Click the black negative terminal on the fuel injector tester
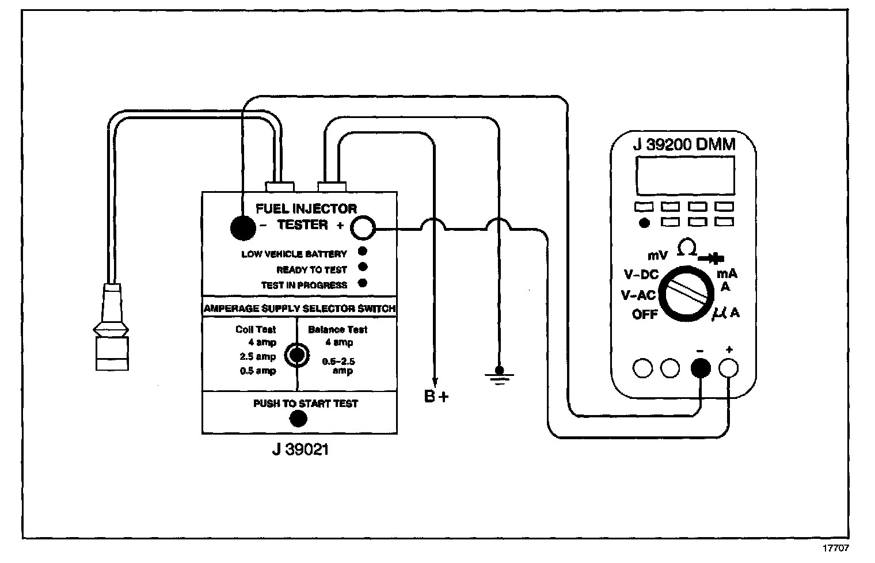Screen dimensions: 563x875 tap(242, 228)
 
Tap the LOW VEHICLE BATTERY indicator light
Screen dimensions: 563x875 tap(363, 252)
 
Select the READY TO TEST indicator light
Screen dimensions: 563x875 tap(363, 267)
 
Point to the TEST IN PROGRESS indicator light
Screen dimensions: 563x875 tap(363, 283)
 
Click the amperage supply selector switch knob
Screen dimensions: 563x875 tap(297, 355)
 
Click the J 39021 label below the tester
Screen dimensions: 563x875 tap(300, 448)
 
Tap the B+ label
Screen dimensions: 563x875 tap(436, 397)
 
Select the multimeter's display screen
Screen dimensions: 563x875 tap(685, 175)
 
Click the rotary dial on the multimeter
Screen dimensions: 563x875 tap(687, 292)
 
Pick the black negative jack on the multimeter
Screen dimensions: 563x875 tap(699, 368)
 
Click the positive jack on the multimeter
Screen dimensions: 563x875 tap(729, 368)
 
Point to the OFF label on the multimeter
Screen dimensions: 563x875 tap(645, 314)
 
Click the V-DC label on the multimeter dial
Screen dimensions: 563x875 tap(641, 275)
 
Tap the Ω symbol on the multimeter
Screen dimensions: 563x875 tap(687, 248)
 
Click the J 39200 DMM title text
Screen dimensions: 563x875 tap(684, 144)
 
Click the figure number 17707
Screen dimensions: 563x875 tap(836, 549)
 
